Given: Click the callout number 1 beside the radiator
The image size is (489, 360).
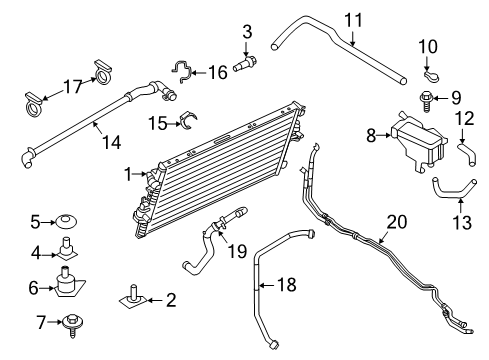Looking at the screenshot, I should click(x=127, y=173).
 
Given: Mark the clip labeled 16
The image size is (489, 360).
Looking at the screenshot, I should click(x=182, y=70).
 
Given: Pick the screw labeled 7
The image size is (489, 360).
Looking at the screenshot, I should click(x=73, y=322).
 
